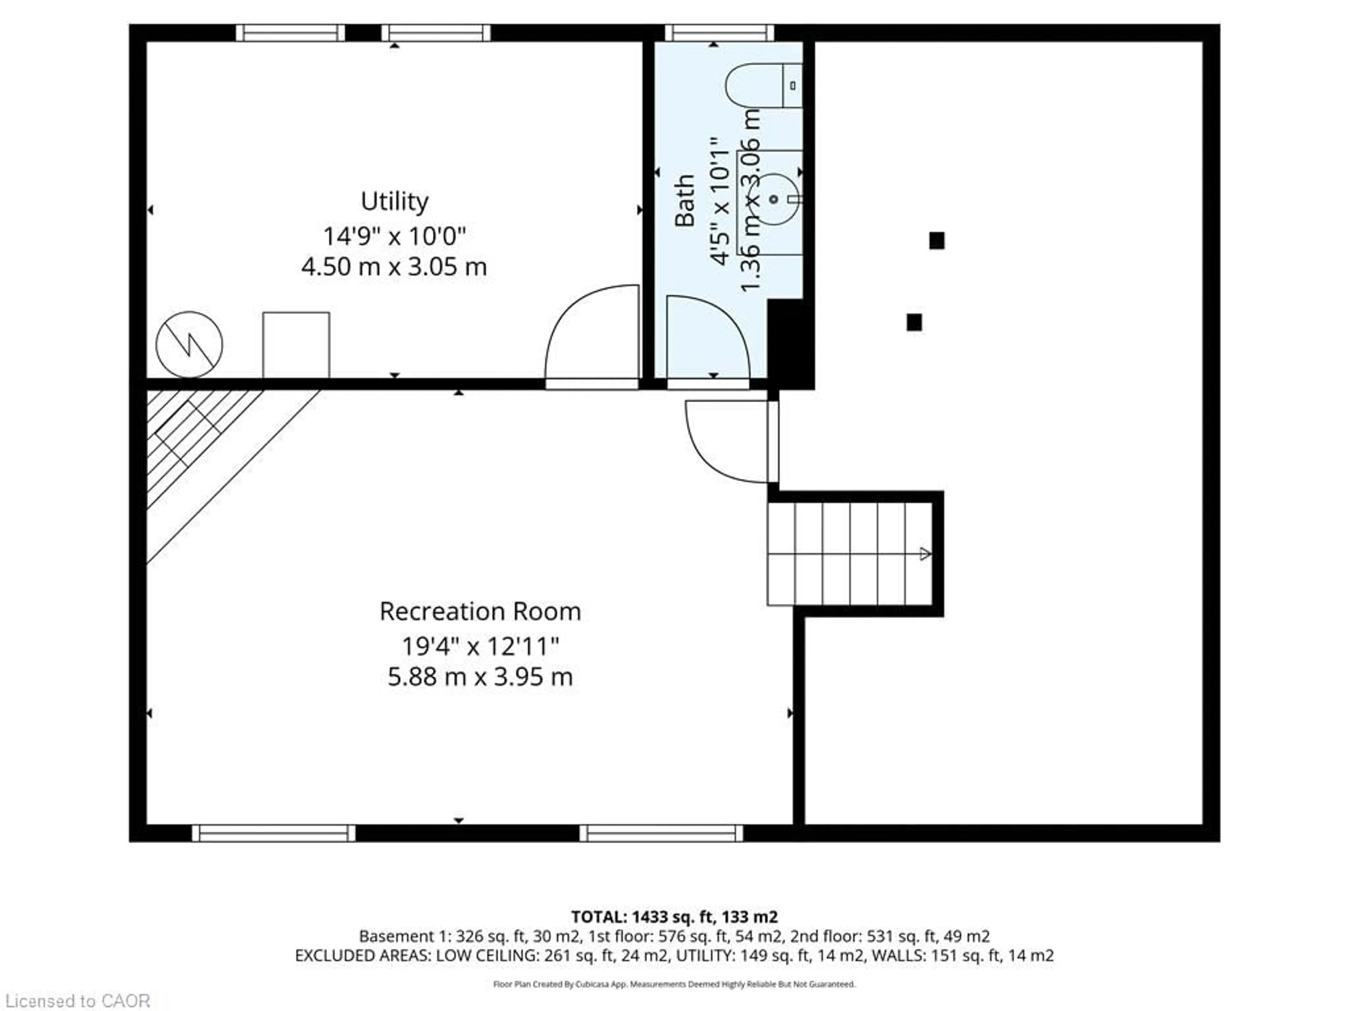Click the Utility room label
(x=394, y=201)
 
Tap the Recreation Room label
(x=480, y=611)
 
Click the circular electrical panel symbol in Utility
(x=189, y=344)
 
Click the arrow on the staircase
(x=924, y=554)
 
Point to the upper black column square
(x=937, y=241)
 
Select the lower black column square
(x=914, y=322)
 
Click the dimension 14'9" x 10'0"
(x=394, y=236)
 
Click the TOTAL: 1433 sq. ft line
(x=674, y=917)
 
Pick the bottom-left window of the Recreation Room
(x=273, y=833)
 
